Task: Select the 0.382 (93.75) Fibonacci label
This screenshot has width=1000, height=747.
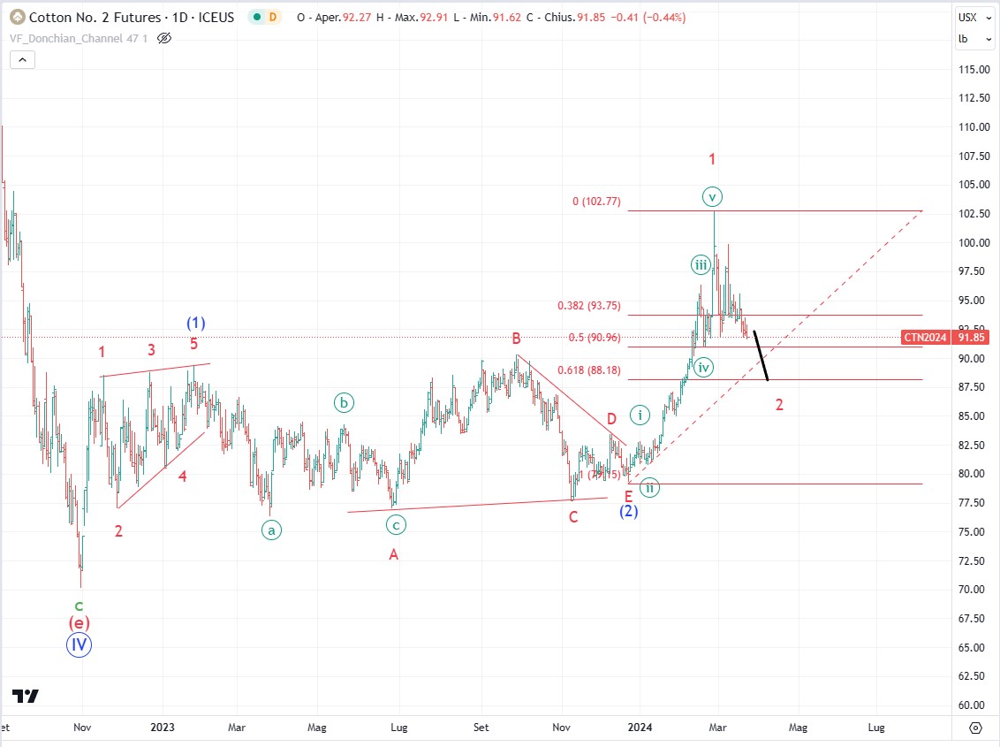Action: click(x=589, y=306)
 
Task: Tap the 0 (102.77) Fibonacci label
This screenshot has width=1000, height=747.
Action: click(x=596, y=202)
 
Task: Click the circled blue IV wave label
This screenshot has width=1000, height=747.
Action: click(x=80, y=644)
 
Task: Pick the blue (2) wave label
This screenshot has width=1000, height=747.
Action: click(x=628, y=511)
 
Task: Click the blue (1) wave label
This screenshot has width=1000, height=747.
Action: click(x=195, y=323)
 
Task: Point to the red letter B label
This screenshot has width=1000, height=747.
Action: click(x=515, y=338)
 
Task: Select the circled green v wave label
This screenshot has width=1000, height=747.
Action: click(x=713, y=195)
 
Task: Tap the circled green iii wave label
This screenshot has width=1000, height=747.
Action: click(x=701, y=264)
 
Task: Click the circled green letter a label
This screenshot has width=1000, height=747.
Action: click(x=271, y=530)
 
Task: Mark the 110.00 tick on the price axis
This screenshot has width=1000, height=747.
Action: click(x=973, y=127)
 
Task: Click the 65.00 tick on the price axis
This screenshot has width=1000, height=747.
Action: click(x=973, y=647)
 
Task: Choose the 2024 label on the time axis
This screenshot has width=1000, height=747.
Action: click(x=640, y=728)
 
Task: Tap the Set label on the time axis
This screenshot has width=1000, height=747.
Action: click(x=481, y=728)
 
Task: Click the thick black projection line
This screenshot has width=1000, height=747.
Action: click(x=761, y=354)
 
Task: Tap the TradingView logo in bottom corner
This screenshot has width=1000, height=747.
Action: click(x=26, y=696)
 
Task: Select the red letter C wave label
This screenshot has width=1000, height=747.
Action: click(x=573, y=516)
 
